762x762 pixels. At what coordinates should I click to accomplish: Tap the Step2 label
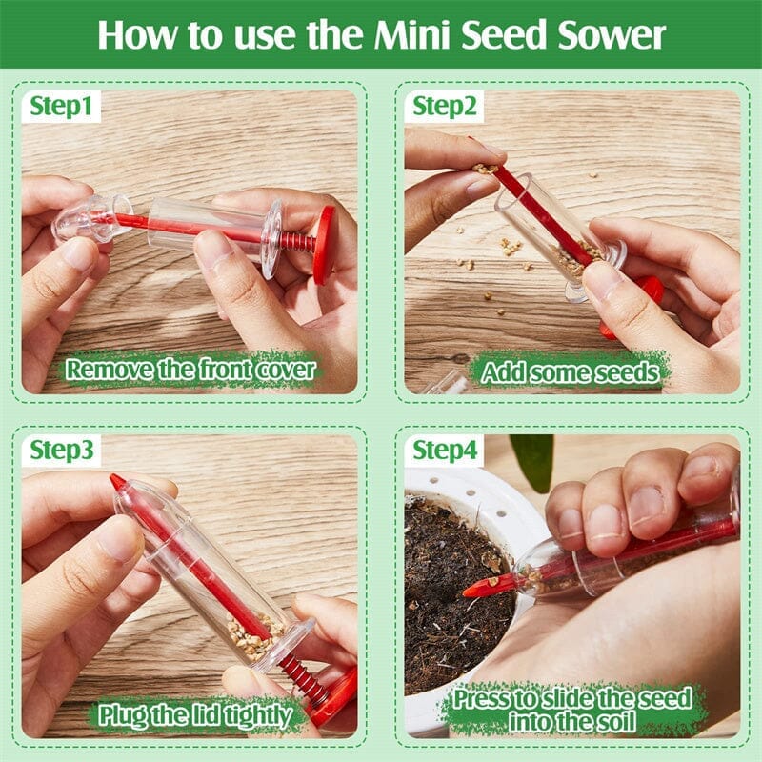click(444, 106)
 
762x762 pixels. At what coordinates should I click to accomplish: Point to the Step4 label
click(445, 450)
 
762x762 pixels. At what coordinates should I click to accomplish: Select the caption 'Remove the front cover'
click(190, 369)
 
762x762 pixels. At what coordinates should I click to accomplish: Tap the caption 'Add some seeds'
click(571, 371)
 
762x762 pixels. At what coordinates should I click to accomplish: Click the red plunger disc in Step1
click(324, 245)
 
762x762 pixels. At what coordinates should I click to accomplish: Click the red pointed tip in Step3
click(118, 482)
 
